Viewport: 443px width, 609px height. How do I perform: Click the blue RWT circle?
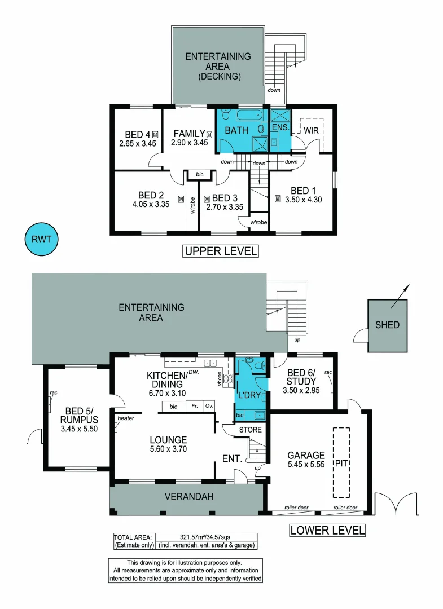pyautogui.click(x=41, y=239)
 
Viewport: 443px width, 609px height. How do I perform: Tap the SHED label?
pyautogui.click(x=387, y=325)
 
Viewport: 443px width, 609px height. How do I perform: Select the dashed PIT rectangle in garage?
pyautogui.click(x=340, y=462)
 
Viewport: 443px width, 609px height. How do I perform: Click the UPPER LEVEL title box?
pyautogui.click(x=220, y=251)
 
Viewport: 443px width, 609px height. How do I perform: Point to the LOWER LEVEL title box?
pyautogui.click(x=327, y=531)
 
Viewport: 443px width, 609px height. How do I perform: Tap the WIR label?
pyautogui.click(x=312, y=130)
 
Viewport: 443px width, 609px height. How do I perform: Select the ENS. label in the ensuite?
pyautogui.click(x=280, y=129)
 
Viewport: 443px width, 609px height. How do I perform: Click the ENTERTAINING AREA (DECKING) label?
pyautogui.click(x=218, y=66)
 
